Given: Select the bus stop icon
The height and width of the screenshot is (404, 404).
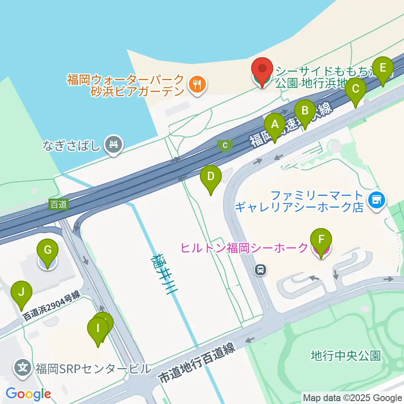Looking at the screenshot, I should pos(261,270).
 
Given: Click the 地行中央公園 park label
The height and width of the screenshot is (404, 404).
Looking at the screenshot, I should pos(346,356).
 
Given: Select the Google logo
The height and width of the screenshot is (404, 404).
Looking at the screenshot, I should pos(28,394).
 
